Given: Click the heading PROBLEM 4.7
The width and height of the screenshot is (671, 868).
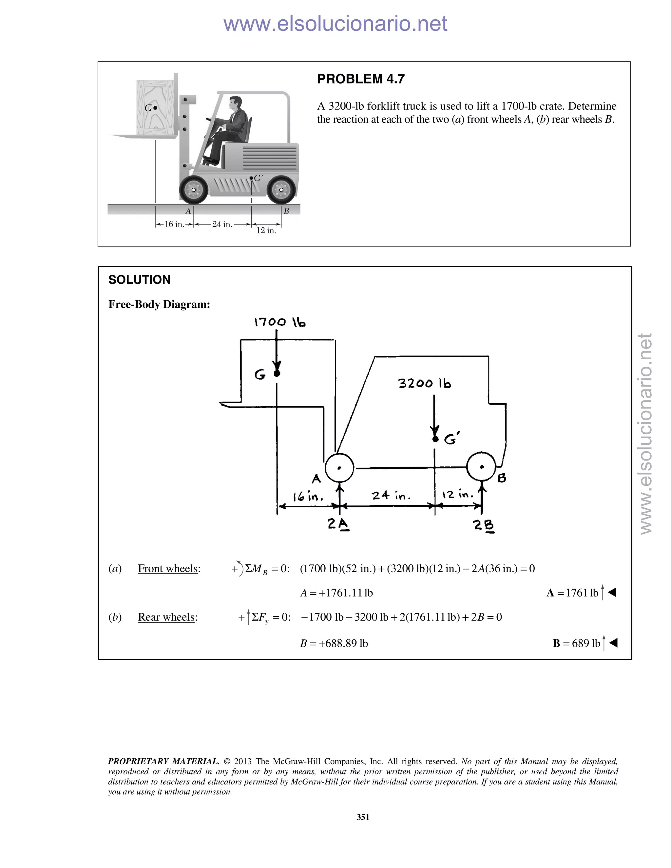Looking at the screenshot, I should (x=360, y=79).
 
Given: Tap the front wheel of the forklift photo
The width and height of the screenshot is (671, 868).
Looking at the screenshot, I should (x=194, y=190).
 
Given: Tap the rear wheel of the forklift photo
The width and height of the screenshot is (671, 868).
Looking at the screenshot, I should (x=281, y=190).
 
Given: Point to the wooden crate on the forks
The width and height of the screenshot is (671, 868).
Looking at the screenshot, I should (x=155, y=107).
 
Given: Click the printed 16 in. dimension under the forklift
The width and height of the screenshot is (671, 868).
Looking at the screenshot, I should (x=174, y=224).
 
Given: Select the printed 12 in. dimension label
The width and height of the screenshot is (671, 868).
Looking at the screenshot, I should (x=266, y=231).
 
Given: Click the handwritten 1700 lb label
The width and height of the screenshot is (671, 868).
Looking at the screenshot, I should (x=279, y=322).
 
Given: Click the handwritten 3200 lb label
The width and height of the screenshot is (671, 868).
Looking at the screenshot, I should (x=425, y=384).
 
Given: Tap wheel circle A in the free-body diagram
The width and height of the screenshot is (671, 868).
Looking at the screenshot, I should (x=339, y=468).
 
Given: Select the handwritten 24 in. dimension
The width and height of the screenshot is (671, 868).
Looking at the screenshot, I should (x=391, y=496).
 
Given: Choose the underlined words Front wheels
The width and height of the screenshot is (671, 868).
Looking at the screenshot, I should (x=168, y=569).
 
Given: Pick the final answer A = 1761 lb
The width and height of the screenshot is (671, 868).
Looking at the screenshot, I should (x=572, y=593).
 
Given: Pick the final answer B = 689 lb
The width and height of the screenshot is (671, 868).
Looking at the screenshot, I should (x=576, y=643).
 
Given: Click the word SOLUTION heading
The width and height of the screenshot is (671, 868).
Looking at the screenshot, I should (x=140, y=280).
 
